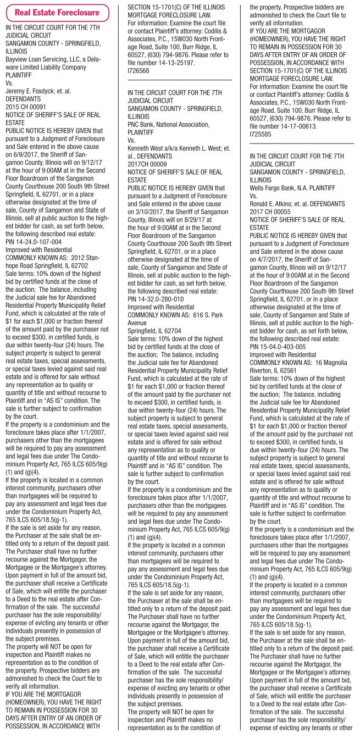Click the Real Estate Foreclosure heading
tap(57, 12)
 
